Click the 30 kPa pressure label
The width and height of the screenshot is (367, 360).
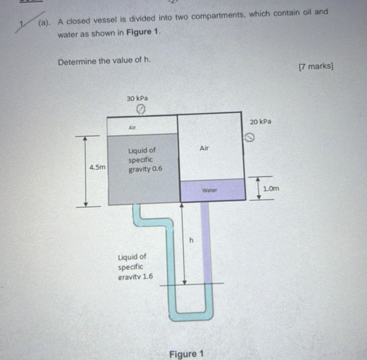(x=137, y=98)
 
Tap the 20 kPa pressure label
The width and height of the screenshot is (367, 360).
(x=260, y=122)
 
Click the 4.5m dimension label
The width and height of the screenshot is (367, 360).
(x=97, y=167)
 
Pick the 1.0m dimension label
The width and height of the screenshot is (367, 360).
(x=271, y=188)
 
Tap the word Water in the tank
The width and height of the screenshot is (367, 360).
(x=210, y=189)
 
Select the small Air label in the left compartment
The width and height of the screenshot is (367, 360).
(x=132, y=127)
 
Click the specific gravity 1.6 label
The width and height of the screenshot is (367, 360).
(x=135, y=267)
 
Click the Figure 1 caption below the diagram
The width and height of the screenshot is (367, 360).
(x=186, y=353)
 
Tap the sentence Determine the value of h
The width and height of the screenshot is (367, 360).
(x=105, y=61)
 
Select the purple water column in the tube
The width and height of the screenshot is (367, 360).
(x=205, y=239)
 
